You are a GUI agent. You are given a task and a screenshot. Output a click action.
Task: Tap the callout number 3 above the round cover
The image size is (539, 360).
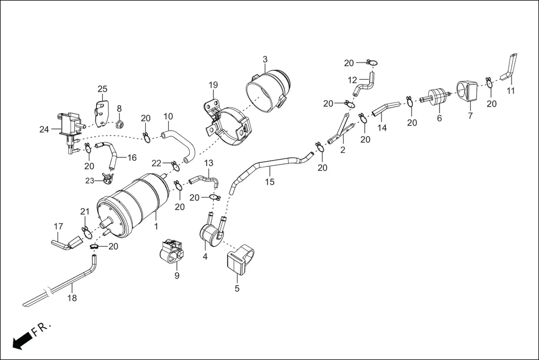click(265, 59)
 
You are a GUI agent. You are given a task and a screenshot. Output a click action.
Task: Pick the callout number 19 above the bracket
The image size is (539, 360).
click(213, 85)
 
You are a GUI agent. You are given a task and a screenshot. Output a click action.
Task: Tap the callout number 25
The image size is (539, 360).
click(102, 89)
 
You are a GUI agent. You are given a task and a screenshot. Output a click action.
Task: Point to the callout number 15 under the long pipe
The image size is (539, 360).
click(270, 182)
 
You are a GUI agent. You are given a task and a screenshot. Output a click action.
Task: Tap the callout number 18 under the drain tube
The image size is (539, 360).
click(72, 298)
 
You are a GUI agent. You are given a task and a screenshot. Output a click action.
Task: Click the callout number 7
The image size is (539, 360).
click(470, 116)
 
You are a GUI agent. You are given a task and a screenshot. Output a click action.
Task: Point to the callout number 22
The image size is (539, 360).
click(157, 162)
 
